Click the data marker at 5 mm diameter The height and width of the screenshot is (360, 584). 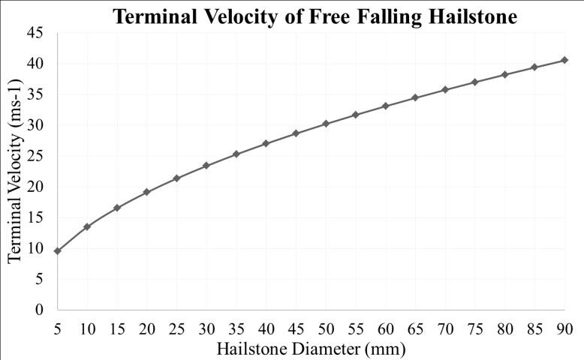(57, 250)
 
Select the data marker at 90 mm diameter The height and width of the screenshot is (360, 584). (564, 60)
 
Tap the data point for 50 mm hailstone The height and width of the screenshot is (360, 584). (326, 124)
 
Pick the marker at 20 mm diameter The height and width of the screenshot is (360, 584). (146, 192)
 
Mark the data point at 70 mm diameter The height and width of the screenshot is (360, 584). (445, 90)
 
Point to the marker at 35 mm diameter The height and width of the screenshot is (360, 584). (236, 154)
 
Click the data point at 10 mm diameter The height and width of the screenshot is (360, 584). (87, 226)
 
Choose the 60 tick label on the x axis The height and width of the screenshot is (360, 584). (386, 328)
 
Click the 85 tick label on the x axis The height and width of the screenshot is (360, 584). (534, 328)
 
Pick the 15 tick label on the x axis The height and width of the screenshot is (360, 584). (116, 328)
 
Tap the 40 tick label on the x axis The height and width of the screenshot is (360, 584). (266, 328)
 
